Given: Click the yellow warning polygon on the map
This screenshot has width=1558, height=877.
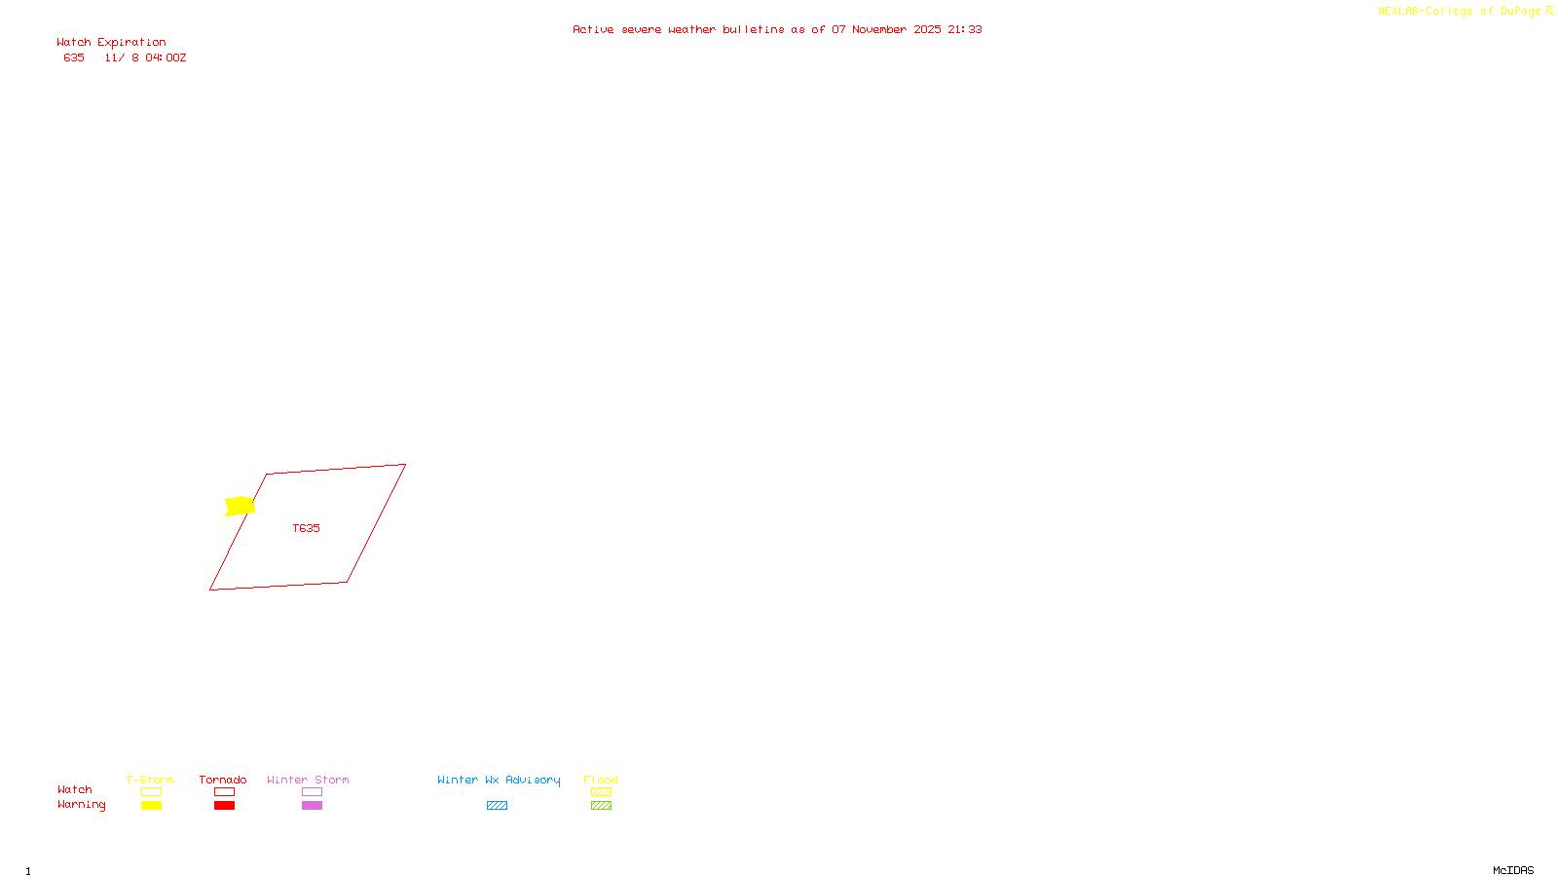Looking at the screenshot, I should pyautogui.click(x=240, y=506).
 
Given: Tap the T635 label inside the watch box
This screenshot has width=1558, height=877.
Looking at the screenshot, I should pyautogui.click(x=306, y=528).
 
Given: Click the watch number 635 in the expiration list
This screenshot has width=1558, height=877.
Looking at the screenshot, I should pyautogui.click(x=74, y=58).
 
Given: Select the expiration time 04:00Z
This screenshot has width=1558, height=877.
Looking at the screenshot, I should pyautogui.click(x=166, y=58).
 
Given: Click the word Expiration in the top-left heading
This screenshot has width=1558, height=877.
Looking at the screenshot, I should pyautogui.click(x=131, y=43).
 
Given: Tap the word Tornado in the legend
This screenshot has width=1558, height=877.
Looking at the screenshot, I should pyautogui.click(x=223, y=780).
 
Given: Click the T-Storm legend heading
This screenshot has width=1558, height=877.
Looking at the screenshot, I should pyautogui.click(x=150, y=780).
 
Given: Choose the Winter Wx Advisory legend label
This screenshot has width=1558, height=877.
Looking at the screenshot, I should pyautogui.click(x=499, y=780).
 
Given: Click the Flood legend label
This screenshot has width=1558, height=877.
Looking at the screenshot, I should pyautogui.click(x=601, y=780).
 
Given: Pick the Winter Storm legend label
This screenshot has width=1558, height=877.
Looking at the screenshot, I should pyautogui.click(x=308, y=780).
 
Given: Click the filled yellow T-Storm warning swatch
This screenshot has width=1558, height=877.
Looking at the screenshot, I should pyautogui.click(x=151, y=806).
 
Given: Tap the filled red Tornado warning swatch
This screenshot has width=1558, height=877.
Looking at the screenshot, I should pyautogui.click(x=225, y=806).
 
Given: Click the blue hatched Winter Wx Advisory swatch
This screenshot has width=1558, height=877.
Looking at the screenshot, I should pyautogui.click(x=497, y=806).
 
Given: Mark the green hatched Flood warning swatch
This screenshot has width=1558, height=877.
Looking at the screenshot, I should pyautogui.click(x=601, y=806).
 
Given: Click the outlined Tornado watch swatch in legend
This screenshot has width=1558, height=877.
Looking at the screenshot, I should pyautogui.click(x=225, y=792).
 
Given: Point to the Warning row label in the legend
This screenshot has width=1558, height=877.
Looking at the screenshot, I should pyautogui.click(x=81, y=805).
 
